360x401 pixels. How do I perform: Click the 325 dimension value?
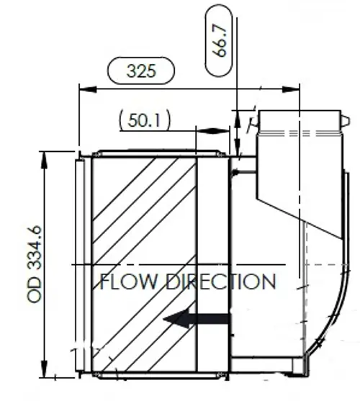(141, 71)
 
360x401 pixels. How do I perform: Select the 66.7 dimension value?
(220, 40)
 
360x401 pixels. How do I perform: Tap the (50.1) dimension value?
(145, 120)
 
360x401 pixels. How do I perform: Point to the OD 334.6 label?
(35, 264)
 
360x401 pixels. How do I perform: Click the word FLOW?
(128, 281)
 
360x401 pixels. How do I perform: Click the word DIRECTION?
(221, 281)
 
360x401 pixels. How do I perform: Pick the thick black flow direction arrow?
(197, 319)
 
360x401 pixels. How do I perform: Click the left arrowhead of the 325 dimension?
(88, 89)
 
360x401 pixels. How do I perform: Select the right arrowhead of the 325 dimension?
(291, 89)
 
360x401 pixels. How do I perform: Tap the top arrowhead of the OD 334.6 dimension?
(44, 161)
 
